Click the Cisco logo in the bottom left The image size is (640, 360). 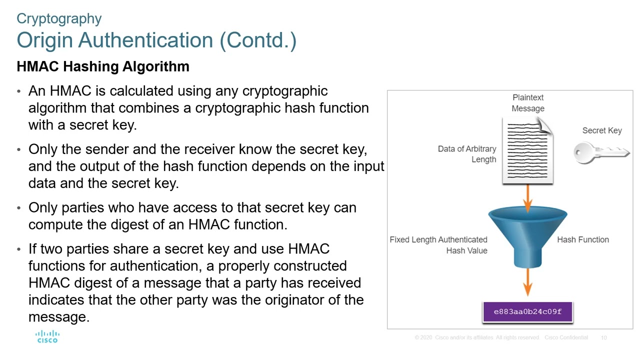(47, 336)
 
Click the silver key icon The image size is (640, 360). (600, 152)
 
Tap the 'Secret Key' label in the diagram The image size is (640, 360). (601, 130)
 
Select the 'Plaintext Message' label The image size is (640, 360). (528, 103)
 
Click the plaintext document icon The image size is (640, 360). (528, 151)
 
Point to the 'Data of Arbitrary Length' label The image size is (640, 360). (466, 154)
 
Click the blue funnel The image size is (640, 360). (527, 235)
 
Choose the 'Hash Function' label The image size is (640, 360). (582, 239)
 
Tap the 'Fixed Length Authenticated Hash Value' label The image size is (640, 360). (438, 245)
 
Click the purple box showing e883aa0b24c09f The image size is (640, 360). (527, 312)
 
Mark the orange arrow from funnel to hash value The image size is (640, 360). (527, 282)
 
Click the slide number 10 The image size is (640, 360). (603, 338)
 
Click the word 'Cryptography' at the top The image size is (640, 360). (59, 18)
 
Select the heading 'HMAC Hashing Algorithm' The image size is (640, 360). (103, 66)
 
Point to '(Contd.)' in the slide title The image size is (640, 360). (258, 40)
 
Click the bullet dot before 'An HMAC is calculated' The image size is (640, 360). (19, 92)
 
